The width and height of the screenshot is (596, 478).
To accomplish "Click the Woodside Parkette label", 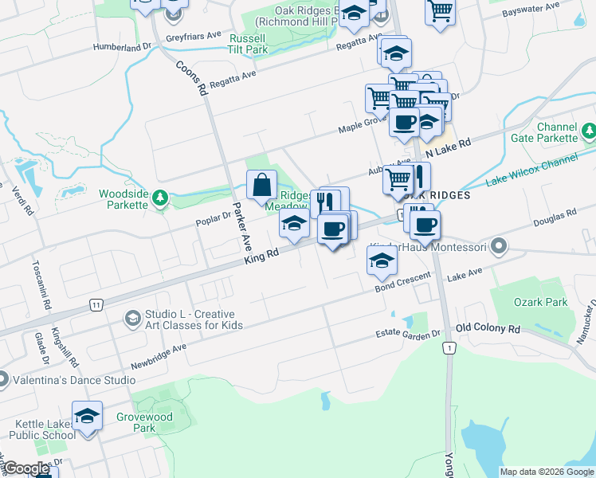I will (123, 199).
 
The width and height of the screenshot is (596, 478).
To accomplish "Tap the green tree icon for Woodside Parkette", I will (160, 197).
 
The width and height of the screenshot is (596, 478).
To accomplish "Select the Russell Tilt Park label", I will (248, 44).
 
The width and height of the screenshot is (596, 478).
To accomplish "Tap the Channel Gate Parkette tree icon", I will (588, 130).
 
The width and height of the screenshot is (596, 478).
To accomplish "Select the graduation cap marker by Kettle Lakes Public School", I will (88, 417).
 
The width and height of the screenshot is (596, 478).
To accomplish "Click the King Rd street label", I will (261, 257).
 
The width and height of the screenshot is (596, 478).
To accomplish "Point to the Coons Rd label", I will (191, 79).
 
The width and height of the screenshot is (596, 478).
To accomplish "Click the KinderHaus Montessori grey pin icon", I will (499, 245).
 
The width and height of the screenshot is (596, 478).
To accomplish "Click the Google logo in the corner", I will (26, 469).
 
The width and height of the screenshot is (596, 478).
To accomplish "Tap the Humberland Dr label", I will (121, 47).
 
